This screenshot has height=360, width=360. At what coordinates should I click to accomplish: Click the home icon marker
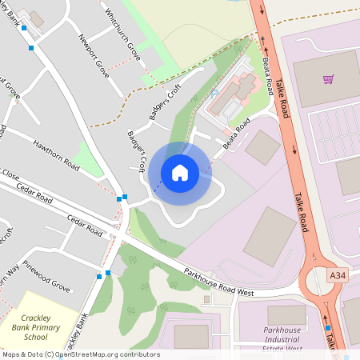point(180,173)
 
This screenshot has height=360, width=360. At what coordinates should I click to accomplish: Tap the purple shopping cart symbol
point(328,79)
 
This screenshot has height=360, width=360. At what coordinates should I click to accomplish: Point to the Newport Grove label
point(94,55)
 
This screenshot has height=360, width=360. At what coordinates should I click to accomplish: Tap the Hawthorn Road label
point(56,154)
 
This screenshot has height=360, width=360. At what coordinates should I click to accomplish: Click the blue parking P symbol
point(214,94)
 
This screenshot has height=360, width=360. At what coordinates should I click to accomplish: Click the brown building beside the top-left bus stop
point(37,18)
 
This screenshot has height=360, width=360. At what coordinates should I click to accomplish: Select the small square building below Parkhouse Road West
point(206,300)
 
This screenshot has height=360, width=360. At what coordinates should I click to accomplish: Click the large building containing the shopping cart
point(324,79)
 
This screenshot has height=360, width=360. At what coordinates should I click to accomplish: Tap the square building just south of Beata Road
point(262,147)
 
